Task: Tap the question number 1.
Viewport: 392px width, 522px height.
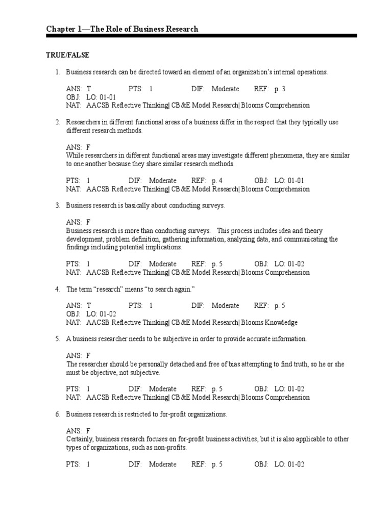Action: [x=58, y=72]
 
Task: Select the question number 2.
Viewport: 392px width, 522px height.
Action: [x=58, y=122]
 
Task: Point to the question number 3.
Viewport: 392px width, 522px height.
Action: [x=58, y=205]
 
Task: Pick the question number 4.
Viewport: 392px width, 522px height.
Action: [x=58, y=290]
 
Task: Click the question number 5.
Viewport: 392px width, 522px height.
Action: [x=58, y=339]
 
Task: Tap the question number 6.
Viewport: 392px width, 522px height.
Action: [x=58, y=414]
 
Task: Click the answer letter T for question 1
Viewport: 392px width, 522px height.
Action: [x=89, y=89]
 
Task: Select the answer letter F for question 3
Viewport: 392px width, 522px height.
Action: [x=88, y=222]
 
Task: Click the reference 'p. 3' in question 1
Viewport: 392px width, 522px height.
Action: [x=280, y=89]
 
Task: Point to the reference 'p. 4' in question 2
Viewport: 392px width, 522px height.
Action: [x=217, y=180]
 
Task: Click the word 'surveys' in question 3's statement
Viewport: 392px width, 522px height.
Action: [x=212, y=205]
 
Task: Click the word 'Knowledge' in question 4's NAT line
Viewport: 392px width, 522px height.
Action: [x=281, y=323]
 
